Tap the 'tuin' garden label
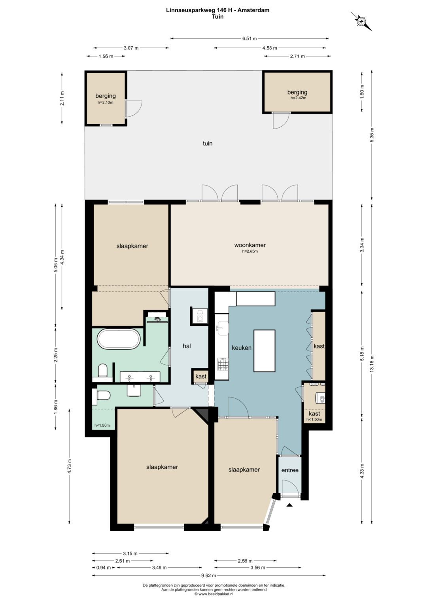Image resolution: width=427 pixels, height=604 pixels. pyautogui.click(x=208, y=144)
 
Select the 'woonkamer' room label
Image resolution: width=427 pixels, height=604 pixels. pyautogui.click(x=250, y=245)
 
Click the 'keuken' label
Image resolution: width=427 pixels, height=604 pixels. pyautogui.click(x=242, y=348)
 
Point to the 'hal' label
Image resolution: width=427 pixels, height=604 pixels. pyautogui.click(x=187, y=346)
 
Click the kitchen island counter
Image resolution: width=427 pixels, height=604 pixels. pyautogui.click(x=264, y=351)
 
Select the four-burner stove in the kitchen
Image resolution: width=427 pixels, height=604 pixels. pyautogui.click(x=223, y=365)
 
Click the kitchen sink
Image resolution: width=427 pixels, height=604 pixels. pyautogui.click(x=223, y=328)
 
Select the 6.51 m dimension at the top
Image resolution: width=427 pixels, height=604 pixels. pyautogui.click(x=249, y=38)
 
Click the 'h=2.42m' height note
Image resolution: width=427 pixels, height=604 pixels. pyautogui.click(x=299, y=98)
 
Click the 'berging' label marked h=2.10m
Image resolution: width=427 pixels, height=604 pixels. pyautogui.click(x=106, y=96)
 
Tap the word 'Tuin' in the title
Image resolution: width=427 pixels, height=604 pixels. pyautogui.click(x=217, y=17)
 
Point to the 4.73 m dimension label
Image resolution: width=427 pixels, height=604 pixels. pyautogui.click(x=69, y=466)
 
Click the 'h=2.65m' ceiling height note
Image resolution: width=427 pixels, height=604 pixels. pyautogui.click(x=250, y=251)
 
